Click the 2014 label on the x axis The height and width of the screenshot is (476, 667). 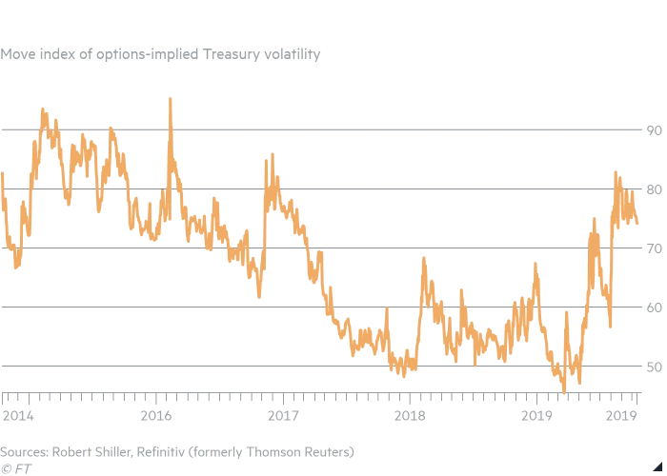point(18,415)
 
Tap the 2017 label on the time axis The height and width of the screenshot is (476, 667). point(283,415)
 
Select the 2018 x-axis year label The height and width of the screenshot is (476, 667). point(410,415)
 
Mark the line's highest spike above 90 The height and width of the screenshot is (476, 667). point(170,98)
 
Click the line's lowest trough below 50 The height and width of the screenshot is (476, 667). point(564,391)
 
